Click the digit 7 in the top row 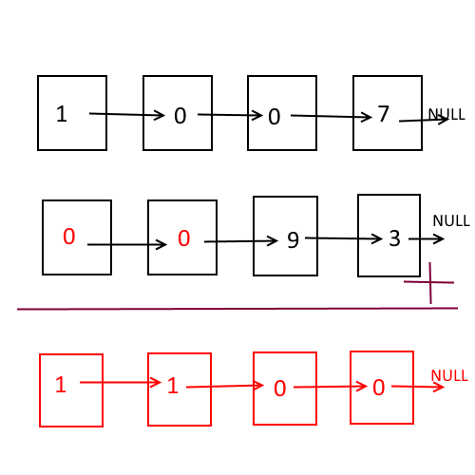tap(383, 113)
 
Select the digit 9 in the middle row tap(293, 240)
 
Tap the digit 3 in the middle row tap(394, 238)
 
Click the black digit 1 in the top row tap(62, 114)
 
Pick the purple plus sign tap(430, 282)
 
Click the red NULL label tap(449, 376)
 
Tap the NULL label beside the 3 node tap(451, 220)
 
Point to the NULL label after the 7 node tap(446, 114)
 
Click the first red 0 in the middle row tap(69, 237)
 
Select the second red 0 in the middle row tap(184, 238)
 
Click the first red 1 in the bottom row tap(61, 385)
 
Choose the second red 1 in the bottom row tap(173, 386)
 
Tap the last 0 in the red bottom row tap(379, 388)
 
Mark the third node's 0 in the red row tap(280, 389)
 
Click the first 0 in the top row tap(180, 116)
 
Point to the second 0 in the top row tap(275, 117)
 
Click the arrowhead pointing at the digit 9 tap(273, 241)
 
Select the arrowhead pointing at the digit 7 tap(366, 117)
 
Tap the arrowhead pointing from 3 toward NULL tap(438, 239)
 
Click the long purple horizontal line tap(237, 309)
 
